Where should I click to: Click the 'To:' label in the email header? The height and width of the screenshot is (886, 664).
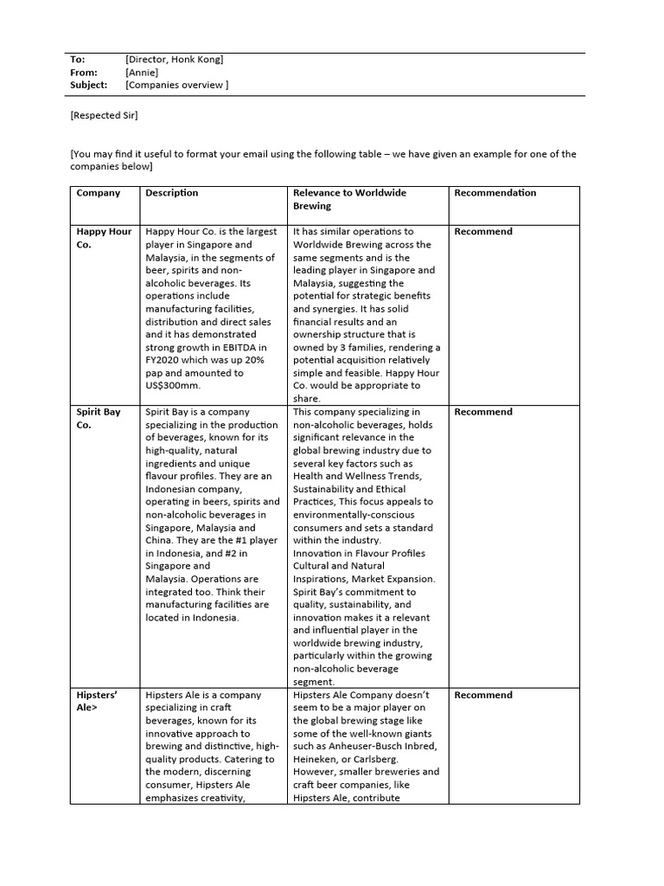[x=78, y=60]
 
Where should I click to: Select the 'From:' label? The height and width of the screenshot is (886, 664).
[x=83, y=73]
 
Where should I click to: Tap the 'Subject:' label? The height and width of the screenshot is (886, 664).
[x=88, y=86]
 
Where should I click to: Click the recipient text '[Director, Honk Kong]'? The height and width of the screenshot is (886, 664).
[x=174, y=60]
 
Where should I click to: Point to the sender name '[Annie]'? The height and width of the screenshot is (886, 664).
[x=143, y=73]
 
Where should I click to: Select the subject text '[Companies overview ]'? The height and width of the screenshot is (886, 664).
[x=176, y=86]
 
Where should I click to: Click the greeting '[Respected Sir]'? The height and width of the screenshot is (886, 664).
[x=104, y=115]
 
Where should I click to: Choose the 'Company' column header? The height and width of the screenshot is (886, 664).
[x=99, y=193]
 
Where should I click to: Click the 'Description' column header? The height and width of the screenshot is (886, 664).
[x=172, y=193]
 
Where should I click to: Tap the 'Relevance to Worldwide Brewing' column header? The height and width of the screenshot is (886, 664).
[x=349, y=199]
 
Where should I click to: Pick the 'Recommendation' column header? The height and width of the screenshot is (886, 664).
[x=495, y=193]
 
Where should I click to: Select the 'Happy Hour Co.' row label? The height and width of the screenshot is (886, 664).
[x=104, y=238]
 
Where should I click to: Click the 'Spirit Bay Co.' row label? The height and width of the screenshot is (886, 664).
[x=99, y=419]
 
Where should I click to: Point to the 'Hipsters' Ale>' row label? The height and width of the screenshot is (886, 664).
[x=95, y=701]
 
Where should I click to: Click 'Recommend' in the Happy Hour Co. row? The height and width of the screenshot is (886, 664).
[x=483, y=232]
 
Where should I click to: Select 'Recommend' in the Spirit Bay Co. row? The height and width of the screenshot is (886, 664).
[x=483, y=413]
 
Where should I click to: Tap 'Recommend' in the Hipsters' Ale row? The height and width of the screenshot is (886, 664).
[x=483, y=695]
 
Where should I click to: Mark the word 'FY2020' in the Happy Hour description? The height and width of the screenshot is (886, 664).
[x=163, y=360]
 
